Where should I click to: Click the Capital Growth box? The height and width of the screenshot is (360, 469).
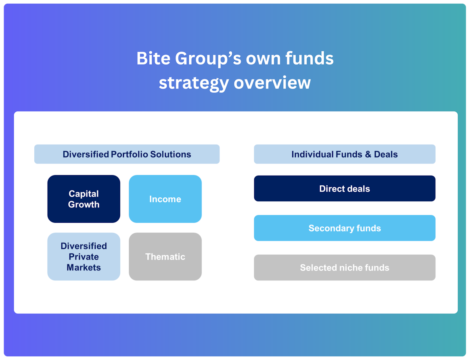[x=84, y=199]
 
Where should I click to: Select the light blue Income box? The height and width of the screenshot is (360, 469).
[x=165, y=199]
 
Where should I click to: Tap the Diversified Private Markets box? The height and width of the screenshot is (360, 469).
[x=84, y=257]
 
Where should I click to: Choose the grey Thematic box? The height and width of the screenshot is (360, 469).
[x=165, y=257]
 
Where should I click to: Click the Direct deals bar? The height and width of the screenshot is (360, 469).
[x=345, y=188]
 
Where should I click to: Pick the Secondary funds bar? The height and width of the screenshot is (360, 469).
[x=345, y=228]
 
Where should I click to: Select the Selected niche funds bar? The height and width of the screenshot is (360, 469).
[x=345, y=268]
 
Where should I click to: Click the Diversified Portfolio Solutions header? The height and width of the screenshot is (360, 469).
[x=127, y=154]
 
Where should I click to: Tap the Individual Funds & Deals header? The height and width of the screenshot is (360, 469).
[x=345, y=154]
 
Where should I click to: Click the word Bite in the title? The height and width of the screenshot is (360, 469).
[x=153, y=58]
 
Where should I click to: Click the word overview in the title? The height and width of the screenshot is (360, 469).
[x=272, y=83]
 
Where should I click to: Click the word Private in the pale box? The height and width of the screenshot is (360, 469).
[x=84, y=257]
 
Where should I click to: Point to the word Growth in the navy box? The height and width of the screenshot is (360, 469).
[x=84, y=205]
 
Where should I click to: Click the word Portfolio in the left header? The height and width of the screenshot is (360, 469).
[x=129, y=154]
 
